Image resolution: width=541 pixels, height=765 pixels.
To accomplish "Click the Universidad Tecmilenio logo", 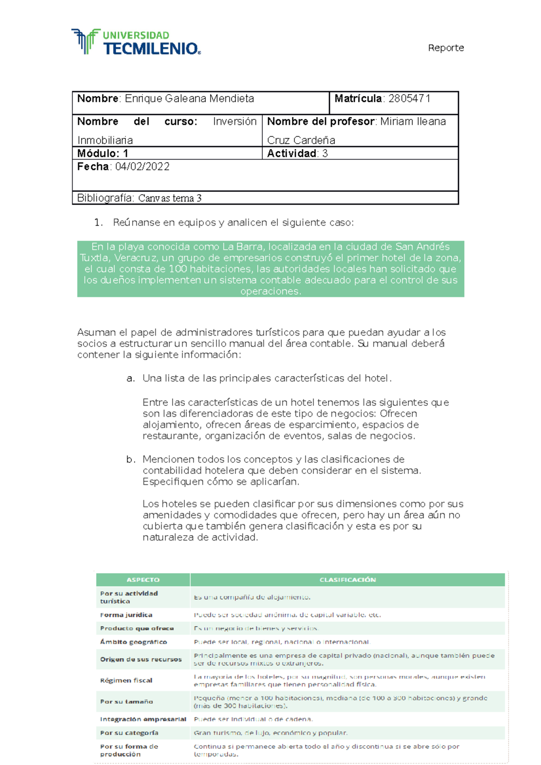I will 135,42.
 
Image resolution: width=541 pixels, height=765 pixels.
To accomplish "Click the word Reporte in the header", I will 445,48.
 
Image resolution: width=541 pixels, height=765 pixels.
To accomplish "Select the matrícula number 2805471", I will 409,99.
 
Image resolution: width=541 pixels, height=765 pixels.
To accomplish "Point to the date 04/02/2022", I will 142,167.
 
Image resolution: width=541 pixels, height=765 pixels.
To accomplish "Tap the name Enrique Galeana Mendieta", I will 189,99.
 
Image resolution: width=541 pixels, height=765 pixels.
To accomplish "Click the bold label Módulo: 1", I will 102,154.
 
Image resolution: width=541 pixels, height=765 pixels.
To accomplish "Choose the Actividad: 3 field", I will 297,154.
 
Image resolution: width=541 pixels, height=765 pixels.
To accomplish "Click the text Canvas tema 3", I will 170,198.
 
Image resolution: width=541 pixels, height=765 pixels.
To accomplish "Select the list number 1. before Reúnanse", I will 98,223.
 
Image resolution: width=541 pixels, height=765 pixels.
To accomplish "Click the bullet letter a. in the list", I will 130,378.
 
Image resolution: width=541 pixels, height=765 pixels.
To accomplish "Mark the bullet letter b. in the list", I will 130,460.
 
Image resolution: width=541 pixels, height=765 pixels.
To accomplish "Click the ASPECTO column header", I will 143,580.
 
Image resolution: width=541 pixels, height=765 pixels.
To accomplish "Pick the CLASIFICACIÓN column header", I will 347,580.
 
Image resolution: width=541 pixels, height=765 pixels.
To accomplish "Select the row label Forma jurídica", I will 126,615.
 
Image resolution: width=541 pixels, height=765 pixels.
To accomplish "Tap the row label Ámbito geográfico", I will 133,642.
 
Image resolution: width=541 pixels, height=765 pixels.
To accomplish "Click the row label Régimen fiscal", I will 126,680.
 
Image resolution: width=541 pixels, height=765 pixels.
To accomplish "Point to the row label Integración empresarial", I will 142,719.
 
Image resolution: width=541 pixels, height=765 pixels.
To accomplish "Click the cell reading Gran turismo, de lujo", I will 270,733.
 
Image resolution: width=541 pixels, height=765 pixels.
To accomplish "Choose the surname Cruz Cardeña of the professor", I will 301,140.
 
